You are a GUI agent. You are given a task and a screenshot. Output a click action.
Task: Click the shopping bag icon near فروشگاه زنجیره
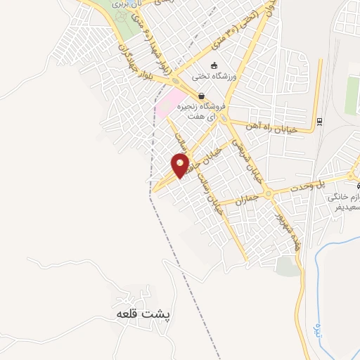tap(201, 96)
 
